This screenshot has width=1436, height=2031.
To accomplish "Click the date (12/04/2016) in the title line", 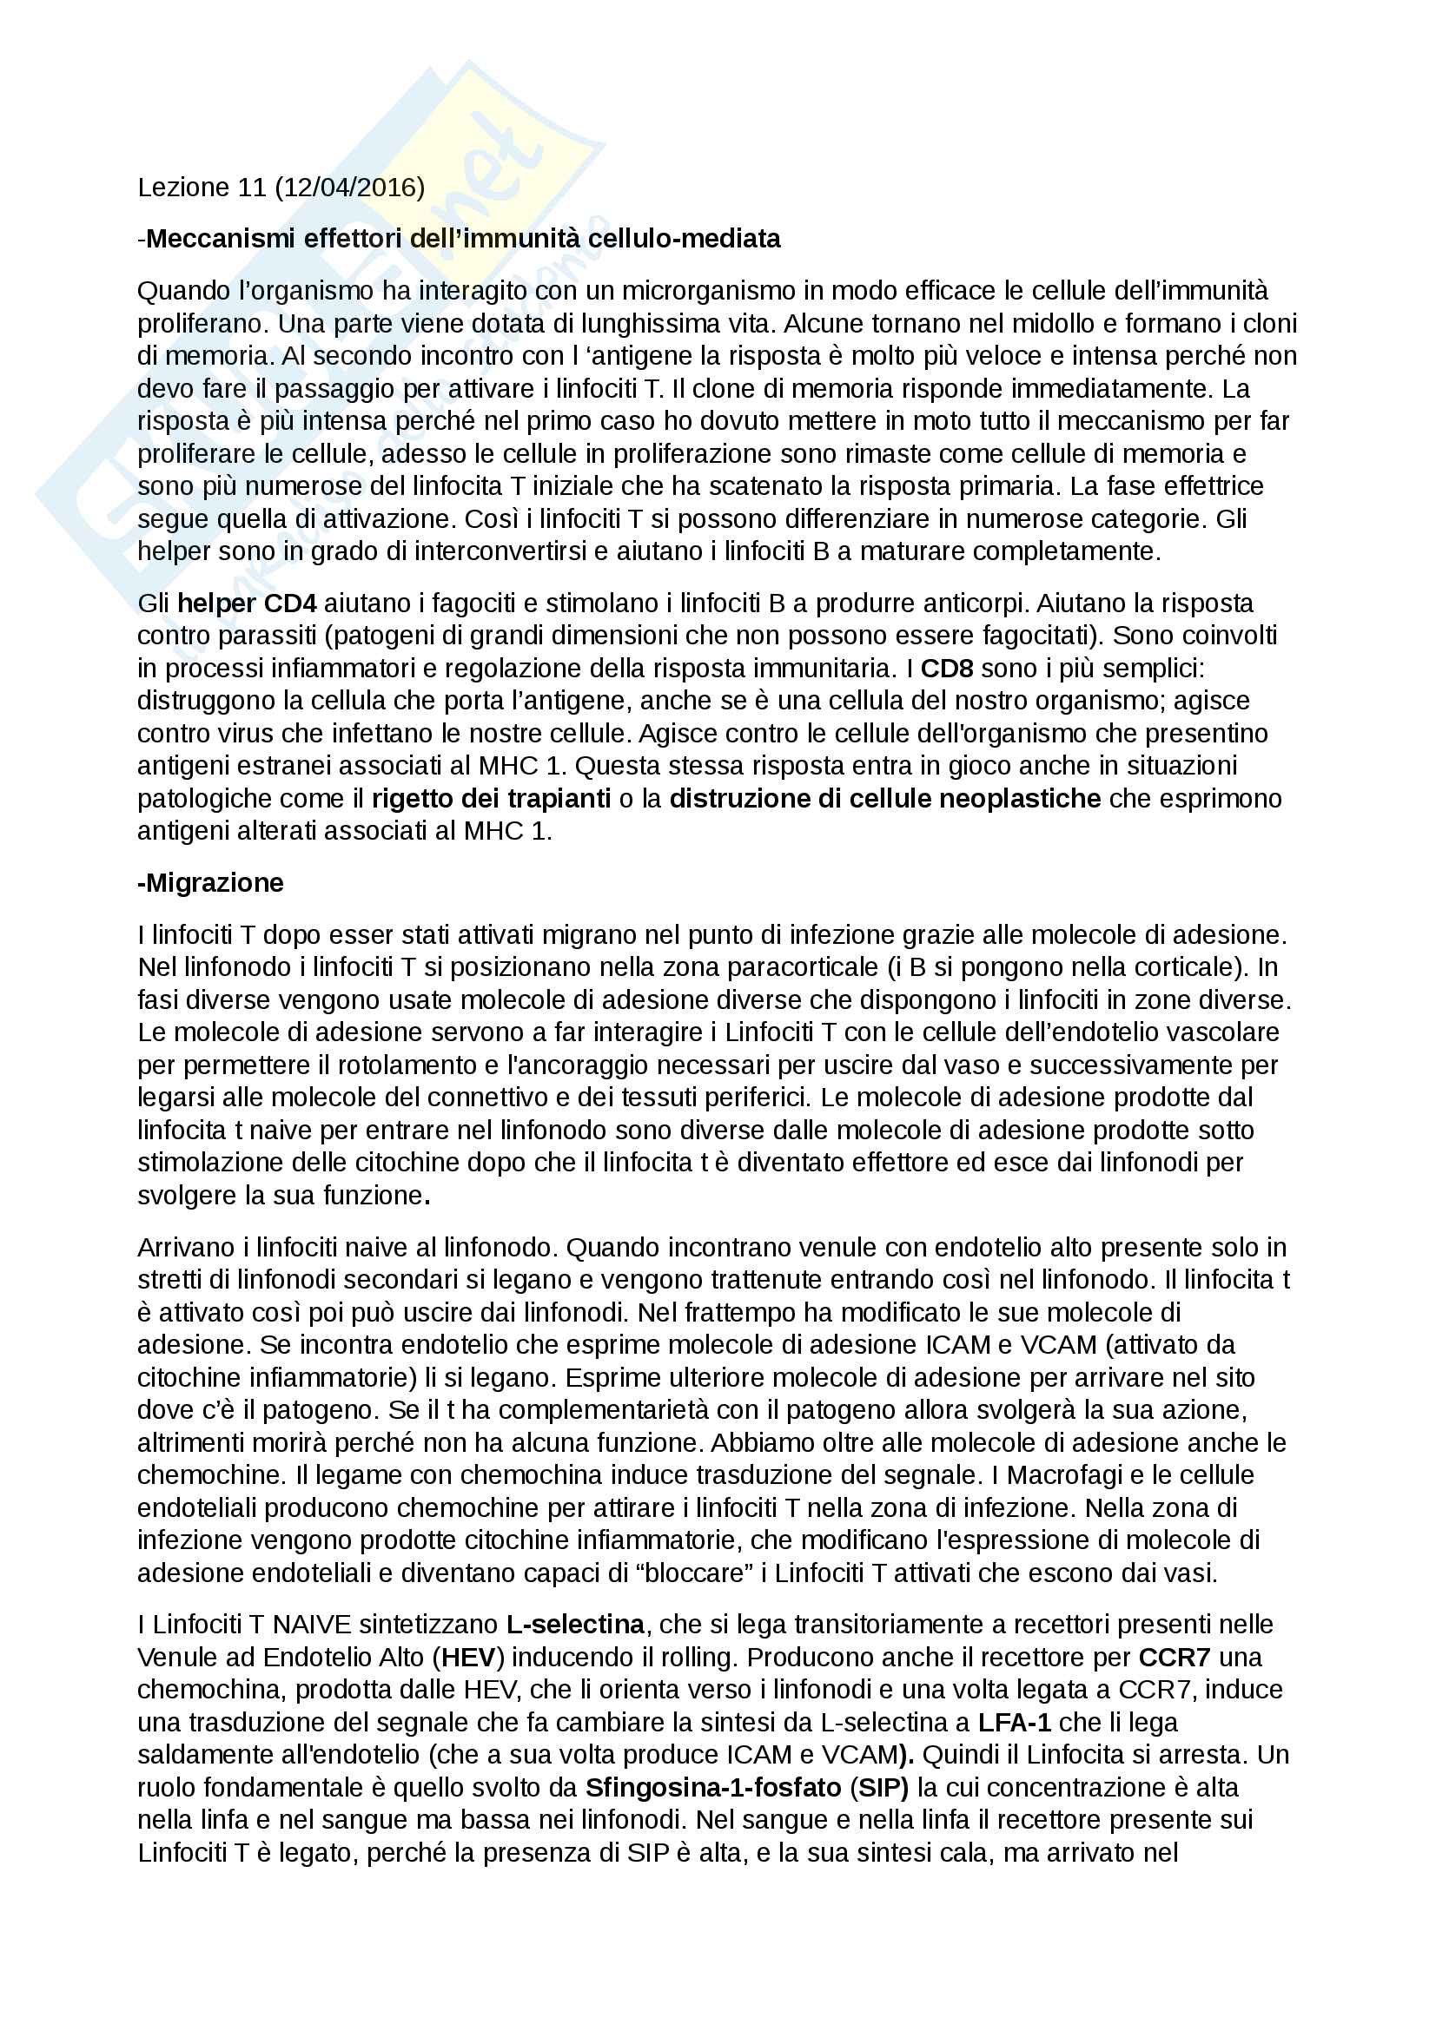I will pyautogui.click(x=349, y=188).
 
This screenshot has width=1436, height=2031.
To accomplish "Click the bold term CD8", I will pyautogui.click(x=947, y=669).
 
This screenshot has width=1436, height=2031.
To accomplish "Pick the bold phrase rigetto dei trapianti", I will pyautogui.click(x=491, y=799).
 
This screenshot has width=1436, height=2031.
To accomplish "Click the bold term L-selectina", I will pyautogui.click(x=575, y=1624).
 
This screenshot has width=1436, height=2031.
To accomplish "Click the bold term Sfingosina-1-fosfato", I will pyautogui.click(x=713, y=1788).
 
